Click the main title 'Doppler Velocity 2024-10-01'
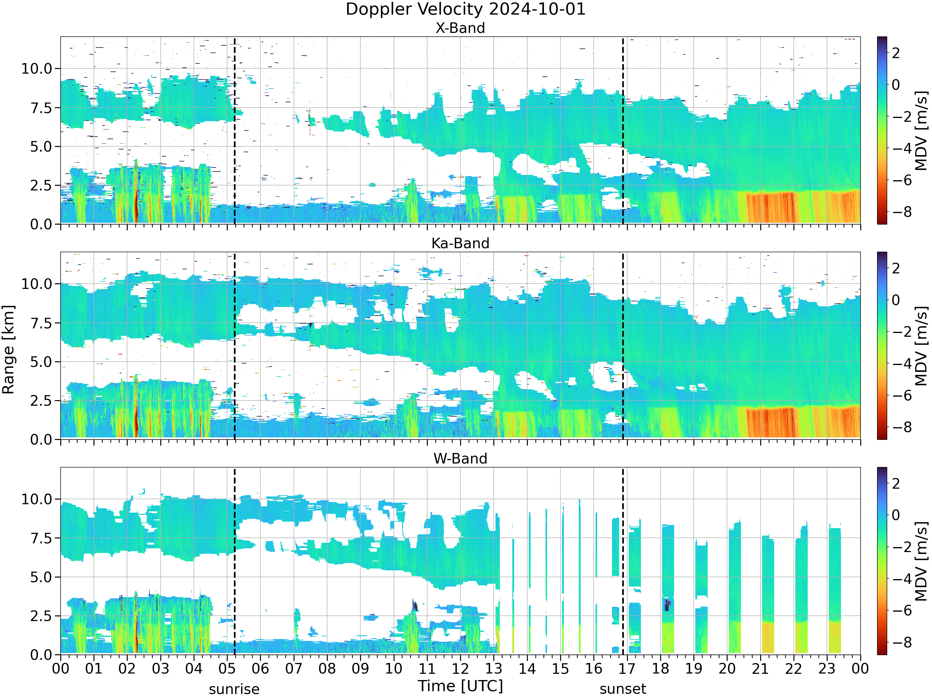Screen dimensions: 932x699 466,9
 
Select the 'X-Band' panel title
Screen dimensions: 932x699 460,28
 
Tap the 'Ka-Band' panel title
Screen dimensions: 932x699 460,243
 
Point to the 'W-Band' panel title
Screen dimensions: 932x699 460,459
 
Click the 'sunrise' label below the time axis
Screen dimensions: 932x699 234,689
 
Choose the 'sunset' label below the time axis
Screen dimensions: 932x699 623,689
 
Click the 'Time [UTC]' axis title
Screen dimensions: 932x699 460,686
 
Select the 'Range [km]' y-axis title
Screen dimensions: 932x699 8,350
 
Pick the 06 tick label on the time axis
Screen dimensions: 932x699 260,669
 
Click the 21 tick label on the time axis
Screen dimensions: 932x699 760,669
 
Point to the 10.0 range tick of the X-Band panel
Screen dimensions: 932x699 37,68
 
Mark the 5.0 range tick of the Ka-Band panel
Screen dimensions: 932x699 41,362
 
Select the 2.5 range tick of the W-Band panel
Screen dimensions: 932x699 41,616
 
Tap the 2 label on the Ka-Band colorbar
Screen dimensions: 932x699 896,268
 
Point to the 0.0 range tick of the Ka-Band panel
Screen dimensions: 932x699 41,440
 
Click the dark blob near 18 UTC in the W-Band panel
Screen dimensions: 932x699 667,605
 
